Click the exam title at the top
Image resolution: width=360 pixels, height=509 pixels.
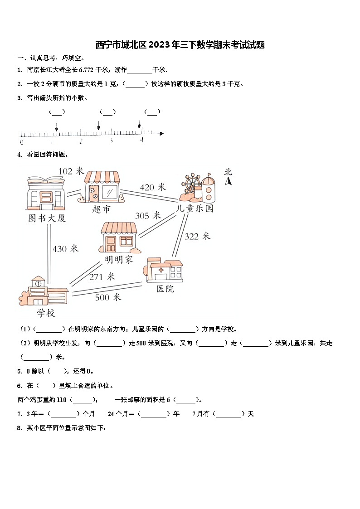point(180,45)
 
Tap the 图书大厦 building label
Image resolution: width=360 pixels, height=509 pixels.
point(47,218)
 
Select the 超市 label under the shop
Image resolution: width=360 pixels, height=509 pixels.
point(101,209)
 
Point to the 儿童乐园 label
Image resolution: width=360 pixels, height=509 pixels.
point(195,208)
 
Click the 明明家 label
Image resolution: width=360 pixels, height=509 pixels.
point(119,260)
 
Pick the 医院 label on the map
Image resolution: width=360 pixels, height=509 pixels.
point(165,289)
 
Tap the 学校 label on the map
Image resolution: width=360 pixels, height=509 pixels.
point(46,313)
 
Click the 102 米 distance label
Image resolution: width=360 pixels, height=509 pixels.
point(71,171)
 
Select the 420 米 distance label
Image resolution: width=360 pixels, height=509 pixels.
point(153,187)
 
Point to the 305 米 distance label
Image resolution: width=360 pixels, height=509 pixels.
point(148,216)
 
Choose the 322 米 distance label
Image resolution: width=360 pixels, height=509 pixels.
point(197,236)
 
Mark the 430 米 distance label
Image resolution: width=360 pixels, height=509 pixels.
point(65,249)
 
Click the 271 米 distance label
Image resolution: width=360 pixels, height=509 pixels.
point(102,276)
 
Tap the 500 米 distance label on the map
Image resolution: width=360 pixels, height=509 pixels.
point(108,297)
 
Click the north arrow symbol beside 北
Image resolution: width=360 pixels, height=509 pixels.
point(229,181)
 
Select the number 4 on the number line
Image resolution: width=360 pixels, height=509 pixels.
point(141,141)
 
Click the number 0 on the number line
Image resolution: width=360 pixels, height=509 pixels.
point(22,142)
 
